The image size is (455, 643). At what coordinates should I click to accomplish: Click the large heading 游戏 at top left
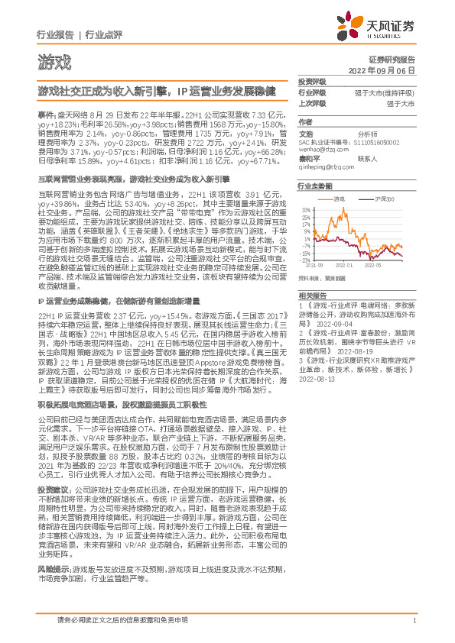(x=54, y=61)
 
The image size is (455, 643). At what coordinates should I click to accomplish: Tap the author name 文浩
(x=306, y=132)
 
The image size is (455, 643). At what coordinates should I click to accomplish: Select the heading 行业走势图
(x=314, y=186)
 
